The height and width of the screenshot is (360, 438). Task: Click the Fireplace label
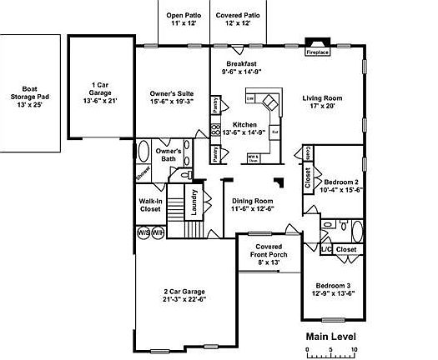pyautogui.click(x=318, y=52)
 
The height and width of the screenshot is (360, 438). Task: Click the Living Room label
pyautogui.click(x=328, y=102)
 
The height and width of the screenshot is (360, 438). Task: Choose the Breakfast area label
pyautogui.click(x=240, y=68)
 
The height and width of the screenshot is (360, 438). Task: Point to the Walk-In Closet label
pyautogui.click(x=150, y=205)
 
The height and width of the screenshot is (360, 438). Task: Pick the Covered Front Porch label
pyautogui.click(x=268, y=254)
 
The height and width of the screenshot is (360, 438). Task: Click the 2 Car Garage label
pyautogui.click(x=184, y=296)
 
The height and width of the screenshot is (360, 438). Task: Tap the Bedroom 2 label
pyautogui.click(x=341, y=186)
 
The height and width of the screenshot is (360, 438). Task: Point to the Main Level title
pyautogui.click(x=330, y=337)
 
